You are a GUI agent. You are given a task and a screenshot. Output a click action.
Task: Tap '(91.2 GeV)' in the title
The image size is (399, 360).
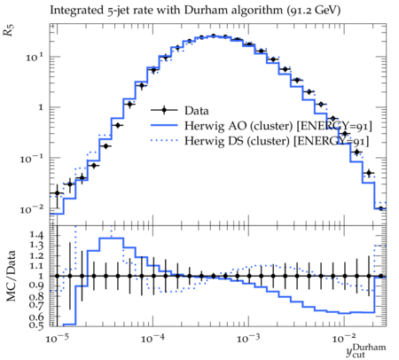[x=313, y=11]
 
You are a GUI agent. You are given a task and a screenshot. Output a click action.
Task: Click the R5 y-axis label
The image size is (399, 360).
[x=9, y=30]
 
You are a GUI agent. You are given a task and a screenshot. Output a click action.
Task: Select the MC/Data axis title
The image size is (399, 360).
[x=11, y=276]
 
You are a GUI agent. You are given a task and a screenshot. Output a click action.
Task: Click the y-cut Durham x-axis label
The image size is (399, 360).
[x=366, y=350]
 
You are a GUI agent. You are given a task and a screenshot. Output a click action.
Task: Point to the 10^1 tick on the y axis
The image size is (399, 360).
[x=35, y=57]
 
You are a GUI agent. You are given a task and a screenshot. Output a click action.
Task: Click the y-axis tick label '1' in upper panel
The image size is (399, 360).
[x=41, y=107]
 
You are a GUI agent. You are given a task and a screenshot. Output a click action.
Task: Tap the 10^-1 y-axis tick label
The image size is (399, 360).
[x=32, y=159]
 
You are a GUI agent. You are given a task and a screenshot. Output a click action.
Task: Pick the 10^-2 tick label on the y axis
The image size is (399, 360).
[x=32, y=210]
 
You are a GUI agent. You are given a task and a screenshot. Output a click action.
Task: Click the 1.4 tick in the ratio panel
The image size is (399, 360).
[x=36, y=236]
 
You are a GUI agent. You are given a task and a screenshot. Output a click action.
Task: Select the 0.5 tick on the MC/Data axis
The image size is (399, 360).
[x=36, y=325]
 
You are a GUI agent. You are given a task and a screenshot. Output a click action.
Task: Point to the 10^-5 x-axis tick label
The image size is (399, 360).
[x=58, y=339]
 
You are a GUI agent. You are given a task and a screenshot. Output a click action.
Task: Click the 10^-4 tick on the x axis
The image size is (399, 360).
[x=153, y=339]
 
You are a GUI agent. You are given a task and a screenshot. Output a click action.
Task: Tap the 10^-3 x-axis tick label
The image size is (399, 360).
[x=248, y=339]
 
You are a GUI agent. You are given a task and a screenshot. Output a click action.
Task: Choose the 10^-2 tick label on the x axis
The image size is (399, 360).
[x=344, y=339]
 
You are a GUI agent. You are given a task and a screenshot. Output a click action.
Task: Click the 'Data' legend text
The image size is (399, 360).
[x=197, y=111]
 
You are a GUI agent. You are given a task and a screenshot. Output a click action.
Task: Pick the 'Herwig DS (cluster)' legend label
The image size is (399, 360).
[x=238, y=141]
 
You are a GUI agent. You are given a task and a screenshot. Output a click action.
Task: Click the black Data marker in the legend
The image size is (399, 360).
[x=164, y=110]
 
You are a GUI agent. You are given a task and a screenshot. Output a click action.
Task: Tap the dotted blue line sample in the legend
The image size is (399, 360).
[x=164, y=141]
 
